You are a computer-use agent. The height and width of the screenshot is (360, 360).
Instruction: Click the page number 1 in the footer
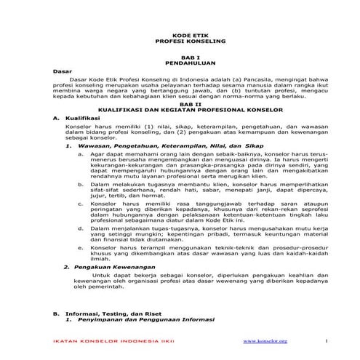327,342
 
